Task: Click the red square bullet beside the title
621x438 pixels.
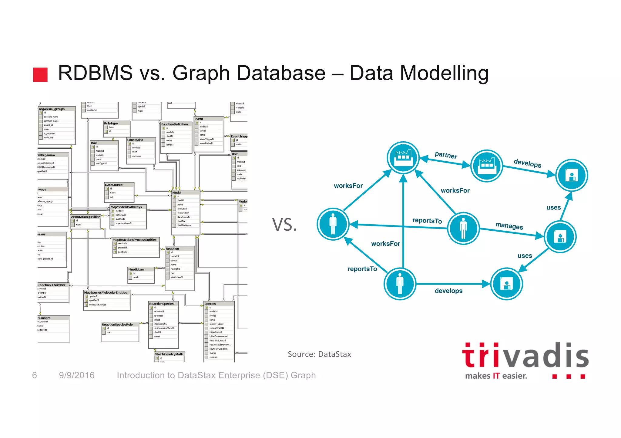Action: click(x=40, y=74)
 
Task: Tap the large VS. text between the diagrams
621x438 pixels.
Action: click(x=284, y=225)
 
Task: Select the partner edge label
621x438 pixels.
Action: click(x=446, y=155)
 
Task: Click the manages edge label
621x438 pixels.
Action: click(x=509, y=226)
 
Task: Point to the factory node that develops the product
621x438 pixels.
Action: click(x=486, y=166)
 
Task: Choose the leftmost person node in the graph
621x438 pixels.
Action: click(x=333, y=224)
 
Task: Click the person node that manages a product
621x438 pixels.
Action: click(x=463, y=228)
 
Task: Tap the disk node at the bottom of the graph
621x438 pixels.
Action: click(x=506, y=284)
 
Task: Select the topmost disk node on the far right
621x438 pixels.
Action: click(x=571, y=175)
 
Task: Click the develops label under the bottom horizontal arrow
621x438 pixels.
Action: click(x=448, y=291)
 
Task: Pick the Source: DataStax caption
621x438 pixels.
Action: click(x=319, y=354)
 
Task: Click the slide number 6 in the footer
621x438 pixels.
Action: click(x=35, y=375)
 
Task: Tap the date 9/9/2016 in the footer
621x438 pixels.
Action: click(x=77, y=375)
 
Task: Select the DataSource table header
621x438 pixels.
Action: click(x=114, y=185)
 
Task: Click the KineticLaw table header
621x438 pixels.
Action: click(x=136, y=269)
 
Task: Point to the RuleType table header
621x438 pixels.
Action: click(x=111, y=123)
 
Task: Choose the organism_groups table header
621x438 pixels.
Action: click(x=52, y=109)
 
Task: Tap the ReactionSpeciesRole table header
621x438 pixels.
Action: click(x=117, y=324)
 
